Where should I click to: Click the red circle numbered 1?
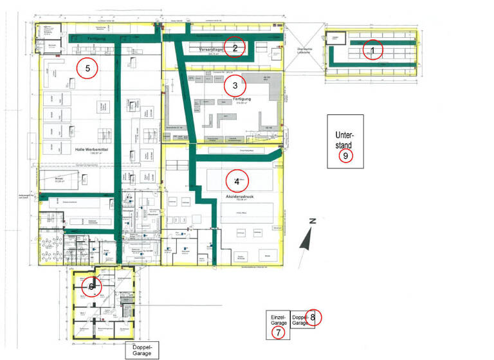372,50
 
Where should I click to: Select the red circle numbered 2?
235,48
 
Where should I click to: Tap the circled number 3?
235,85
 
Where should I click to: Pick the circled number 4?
237,181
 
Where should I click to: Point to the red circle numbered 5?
87,67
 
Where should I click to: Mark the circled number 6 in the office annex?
92,287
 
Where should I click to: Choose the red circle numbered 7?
278,332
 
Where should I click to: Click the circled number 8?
313,316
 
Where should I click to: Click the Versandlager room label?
212,49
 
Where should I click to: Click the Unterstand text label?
345,139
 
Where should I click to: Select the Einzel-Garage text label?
278,320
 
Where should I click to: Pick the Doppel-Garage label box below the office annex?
141,350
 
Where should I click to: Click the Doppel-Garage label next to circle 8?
299,319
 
